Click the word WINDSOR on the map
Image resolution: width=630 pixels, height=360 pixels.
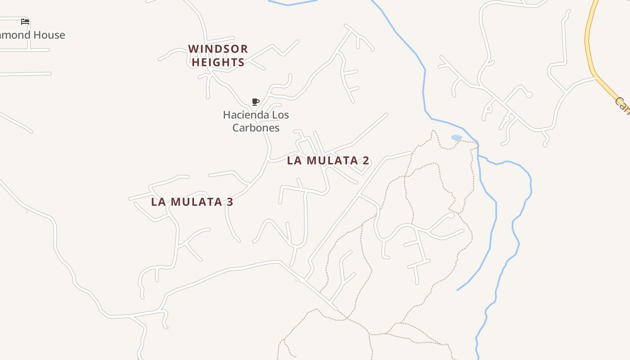coord(218,49)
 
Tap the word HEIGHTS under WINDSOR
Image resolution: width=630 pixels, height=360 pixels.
coord(218,62)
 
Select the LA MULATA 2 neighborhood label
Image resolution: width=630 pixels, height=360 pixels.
coord(328,160)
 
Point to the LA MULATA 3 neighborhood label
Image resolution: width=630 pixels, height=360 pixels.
coord(192,202)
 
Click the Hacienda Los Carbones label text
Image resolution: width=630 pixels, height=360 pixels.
coord(256,121)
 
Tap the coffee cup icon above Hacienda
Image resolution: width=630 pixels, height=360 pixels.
coord(256,102)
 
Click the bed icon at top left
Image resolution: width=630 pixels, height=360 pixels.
coord(25,21)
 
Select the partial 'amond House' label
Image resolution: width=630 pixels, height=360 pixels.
coord(32,35)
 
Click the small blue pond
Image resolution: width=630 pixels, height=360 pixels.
coord(456,138)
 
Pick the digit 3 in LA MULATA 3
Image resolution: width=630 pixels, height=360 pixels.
coord(229,202)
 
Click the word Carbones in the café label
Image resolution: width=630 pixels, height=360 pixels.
coord(256,128)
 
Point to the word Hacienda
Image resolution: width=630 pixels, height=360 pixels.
coord(241,115)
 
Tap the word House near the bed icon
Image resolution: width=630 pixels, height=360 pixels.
coord(50,35)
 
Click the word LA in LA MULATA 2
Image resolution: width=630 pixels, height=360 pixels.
coord(294,160)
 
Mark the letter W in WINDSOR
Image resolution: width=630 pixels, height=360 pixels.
coord(193,49)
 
